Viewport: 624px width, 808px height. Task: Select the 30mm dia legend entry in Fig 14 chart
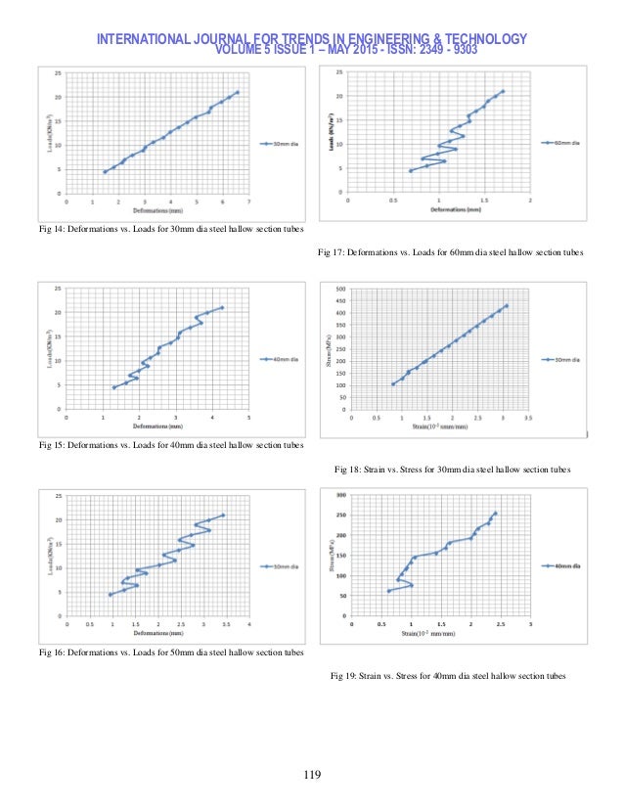click(285, 144)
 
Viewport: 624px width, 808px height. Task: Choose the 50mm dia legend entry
click(285, 566)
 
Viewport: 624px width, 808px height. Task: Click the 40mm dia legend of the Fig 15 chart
click(285, 360)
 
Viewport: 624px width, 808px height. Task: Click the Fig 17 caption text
click(451, 252)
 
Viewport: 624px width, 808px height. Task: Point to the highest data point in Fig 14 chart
click(237, 93)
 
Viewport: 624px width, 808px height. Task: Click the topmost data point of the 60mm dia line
click(503, 92)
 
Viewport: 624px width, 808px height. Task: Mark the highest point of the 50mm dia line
click(223, 516)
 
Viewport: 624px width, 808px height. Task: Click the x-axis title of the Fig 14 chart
click(157, 210)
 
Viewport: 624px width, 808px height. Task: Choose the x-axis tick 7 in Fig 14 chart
click(249, 203)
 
